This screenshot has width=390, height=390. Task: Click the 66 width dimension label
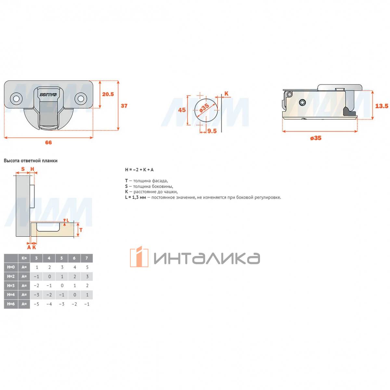coord(48,142)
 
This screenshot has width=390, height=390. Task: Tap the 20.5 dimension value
coord(108,94)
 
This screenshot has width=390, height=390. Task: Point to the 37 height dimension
coord(124,106)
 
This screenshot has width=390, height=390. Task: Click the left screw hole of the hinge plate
coord(16,98)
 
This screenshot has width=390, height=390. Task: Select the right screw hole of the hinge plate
coord(81,98)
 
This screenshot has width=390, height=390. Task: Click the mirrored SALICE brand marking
coord(48,95)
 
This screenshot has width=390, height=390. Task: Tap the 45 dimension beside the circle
coord(182,110)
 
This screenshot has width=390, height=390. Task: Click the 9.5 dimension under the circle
coord(212,131)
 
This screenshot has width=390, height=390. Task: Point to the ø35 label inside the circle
coord(204,108)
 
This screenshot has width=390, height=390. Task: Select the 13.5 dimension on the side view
coord(382,106)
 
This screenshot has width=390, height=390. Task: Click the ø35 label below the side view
coord(316,138)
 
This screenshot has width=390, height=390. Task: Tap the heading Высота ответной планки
coord(31,161)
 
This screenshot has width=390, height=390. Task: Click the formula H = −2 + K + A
coord(139,170)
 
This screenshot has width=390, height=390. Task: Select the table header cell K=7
coord(87,258)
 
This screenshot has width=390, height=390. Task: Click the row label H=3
coord(11,286)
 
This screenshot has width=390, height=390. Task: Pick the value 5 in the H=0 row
coord(87,267)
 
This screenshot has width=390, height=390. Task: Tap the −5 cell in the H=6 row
coord(36,304)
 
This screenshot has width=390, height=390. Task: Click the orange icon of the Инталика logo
coord(139,257)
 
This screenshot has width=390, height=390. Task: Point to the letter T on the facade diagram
coord(81,230)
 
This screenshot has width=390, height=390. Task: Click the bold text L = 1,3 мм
coord(136,197)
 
